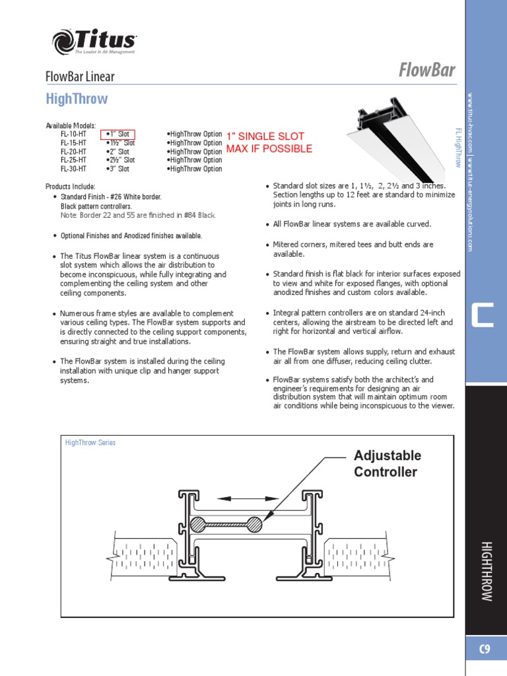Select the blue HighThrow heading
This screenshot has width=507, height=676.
[77, 100]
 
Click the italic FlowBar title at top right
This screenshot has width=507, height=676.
[427, 70]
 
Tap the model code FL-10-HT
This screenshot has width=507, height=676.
[73, 134]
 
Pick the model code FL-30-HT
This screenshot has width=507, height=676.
[73, 168]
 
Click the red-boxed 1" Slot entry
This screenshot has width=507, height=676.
[118, 134]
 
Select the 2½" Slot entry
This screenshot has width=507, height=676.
[120, 160]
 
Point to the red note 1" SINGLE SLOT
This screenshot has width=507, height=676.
[256, 137]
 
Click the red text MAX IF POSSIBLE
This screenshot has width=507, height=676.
[269, 149]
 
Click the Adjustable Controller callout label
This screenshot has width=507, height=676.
[387, 463]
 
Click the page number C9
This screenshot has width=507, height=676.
[485, 650]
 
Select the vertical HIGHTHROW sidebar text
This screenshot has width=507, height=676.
[486, 570]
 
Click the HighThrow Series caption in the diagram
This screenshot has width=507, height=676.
[90, 442]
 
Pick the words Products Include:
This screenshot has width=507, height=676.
[70, 187]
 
